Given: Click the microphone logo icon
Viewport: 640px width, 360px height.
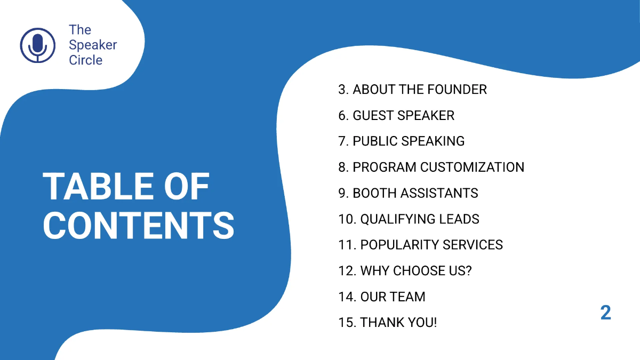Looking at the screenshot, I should pyautogui.click(x=37, y=45).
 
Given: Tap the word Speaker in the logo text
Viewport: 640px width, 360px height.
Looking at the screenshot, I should pyautogui.click(x=93, y=45).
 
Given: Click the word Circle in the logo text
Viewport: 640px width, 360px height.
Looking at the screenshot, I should pyautogui.click(x=86, y=60).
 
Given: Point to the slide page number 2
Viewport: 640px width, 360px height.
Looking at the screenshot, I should pyautogui.click(x=605, y=313).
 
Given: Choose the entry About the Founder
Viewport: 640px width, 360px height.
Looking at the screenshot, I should pyautogui.click(x=412, y=90).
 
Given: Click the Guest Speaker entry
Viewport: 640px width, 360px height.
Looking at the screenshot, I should pyautogui.click(x=396, y=115).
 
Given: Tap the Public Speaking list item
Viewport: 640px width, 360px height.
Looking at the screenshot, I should pyautogui.click(x=401, y=141).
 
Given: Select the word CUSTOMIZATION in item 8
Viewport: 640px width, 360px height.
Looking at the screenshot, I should pyautogui.click(x=472, y=167).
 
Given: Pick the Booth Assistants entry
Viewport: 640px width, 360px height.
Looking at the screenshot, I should pyautogui.click(x=408, y=193).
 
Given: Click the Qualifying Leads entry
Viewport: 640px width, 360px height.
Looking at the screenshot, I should pyautogui.click(x=409, y=219).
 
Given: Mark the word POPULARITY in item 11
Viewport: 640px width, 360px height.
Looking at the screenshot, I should pyautogui.click(x=393, y=245).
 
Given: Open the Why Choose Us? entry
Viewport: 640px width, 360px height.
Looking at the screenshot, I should pyautogui.click(x=405, y=271).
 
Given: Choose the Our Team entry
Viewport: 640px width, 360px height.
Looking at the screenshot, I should pyautogui.click(x=382, y=297).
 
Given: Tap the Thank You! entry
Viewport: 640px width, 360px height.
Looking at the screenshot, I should pyautogui.click(x=387, y=323).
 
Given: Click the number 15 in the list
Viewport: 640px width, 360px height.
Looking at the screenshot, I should pyautogui.click(x=346, y=323).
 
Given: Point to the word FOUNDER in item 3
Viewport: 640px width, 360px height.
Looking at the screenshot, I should pyautogui.click(x=457, y=90).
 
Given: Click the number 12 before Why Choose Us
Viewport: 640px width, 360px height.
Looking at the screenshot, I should pyautogui.click(x=346, y=271).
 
